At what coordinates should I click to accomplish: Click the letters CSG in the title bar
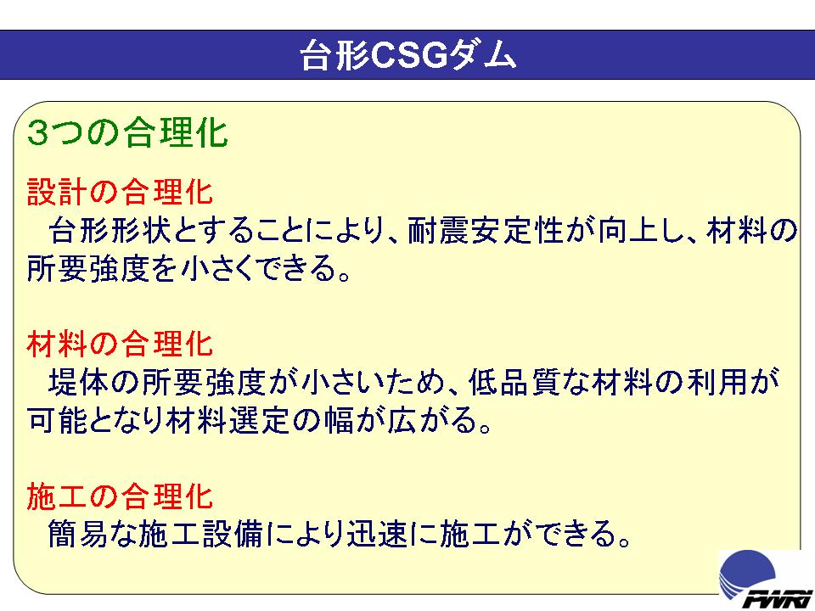[x=409, y=54]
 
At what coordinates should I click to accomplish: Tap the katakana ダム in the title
[x=482, y=54]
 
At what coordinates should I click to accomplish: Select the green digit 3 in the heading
[x=37, y=133]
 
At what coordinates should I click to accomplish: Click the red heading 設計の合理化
[x=120, y=192]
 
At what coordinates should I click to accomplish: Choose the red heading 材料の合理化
[x=120, y=344]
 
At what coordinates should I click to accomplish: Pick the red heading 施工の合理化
[x=120, y=496]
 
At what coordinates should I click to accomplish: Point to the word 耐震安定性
[x=486, y=231]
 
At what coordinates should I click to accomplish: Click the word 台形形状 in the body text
[x=110, y=231]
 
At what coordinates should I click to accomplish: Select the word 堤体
[x=78, y=383]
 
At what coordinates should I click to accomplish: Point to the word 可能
[x=57, y=420]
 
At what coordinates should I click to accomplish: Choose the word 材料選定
[x=228, y=420]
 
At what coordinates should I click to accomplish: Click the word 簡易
[x=78, y=534]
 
